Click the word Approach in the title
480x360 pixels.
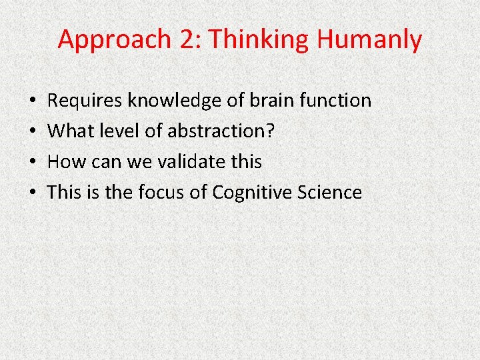tap(115, 40)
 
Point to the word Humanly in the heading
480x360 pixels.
tap(370, 40)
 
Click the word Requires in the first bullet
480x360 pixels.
tap(85, 101)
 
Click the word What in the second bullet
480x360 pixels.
tap(69, 131)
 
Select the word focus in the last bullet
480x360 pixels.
tap(161, 193)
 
